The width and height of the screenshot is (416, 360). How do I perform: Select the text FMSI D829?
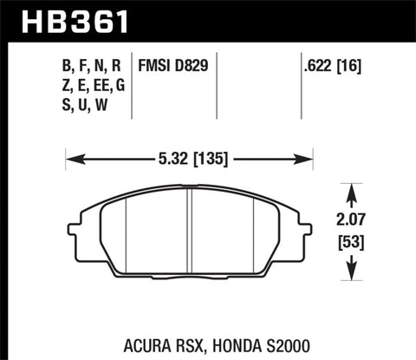172,64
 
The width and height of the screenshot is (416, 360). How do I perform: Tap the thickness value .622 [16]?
333,64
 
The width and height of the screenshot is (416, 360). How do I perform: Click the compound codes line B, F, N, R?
92,64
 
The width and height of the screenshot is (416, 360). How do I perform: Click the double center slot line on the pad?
191,232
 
